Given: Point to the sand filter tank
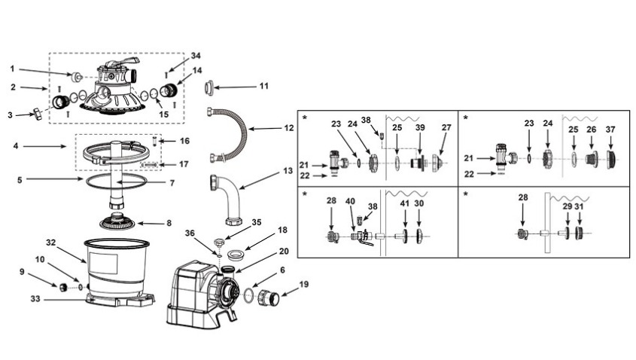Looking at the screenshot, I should [117, 267].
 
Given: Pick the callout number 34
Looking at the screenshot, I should [196, 56].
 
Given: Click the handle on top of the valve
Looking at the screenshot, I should [125, 62].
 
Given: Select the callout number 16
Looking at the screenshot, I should [184, 141].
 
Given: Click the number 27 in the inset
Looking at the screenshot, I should [447, 128].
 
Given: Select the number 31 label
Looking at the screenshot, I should [580, 206].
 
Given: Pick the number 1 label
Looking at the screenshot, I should [12, 69].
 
